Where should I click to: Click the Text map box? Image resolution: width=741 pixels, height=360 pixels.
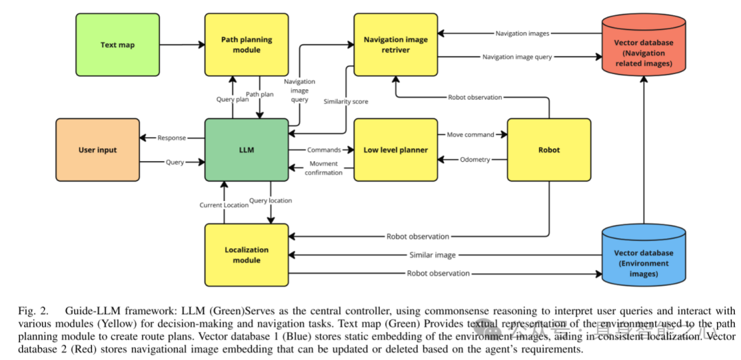(x=118, y=45)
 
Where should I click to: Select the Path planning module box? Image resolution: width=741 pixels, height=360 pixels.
(x=246, y=45)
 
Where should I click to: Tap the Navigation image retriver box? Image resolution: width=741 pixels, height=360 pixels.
(x=395, y=45)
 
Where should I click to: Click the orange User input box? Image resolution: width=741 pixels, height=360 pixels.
(x=97, y=149)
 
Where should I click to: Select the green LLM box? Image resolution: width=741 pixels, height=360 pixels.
(x=246, y=149)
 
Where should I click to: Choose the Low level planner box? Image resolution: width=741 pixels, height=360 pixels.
(x=395, y=149)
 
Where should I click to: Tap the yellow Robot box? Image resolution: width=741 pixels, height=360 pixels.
(x=549, y=149)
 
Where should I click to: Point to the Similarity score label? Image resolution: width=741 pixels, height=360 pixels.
(x=346, y=101)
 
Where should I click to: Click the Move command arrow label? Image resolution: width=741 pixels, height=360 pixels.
(x=471, y=134)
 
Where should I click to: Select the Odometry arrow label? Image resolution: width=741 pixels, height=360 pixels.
(x=475, y=160)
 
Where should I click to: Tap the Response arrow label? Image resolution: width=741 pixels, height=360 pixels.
(x=172, y=138)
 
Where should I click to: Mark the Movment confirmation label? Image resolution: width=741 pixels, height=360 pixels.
(x=324, y=168)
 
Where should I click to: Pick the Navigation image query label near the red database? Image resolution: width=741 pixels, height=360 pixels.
(x=517, y=57)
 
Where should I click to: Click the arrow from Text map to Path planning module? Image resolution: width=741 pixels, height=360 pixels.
(x=181, y=45)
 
